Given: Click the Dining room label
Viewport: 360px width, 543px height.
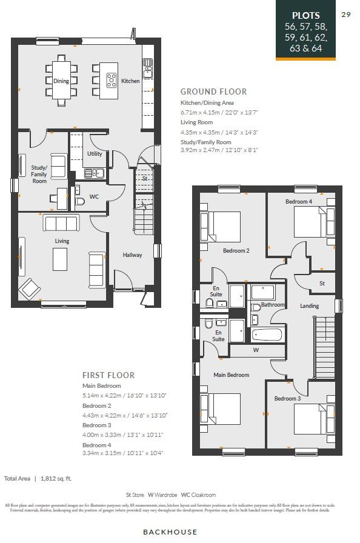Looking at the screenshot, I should pyautogui.click(x=61, y=81).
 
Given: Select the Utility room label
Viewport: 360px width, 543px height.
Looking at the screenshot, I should pyautogui.click(x=95, y=154).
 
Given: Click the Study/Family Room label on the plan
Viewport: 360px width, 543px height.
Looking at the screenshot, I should pyautogui.click(x=39, y=175).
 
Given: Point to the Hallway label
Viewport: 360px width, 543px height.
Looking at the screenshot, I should pyautogui.click(x=132, y=255).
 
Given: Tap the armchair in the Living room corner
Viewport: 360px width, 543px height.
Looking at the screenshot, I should pyautogui.click(x=29, y=288).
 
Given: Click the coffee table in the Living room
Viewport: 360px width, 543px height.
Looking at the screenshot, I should pyautogui.click(x=60, y=259).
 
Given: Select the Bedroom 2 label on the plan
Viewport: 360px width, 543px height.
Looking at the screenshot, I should pyautogui.click(x=236, y=250).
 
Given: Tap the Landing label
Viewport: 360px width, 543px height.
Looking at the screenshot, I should pyautogui.click(x=309, y=306).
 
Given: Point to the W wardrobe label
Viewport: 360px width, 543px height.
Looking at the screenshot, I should pyautogui.click(x=256, y=350).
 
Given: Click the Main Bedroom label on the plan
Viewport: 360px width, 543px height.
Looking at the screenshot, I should pyautogui.click(x=231, y=375).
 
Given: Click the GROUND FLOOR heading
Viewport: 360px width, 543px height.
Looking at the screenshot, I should pyautogui.click(x=213, y=92).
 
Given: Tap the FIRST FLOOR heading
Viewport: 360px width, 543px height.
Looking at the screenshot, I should pyautogui.click(x=108, y=375).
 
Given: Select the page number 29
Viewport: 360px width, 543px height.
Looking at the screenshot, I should pyautogui.click(x=346, y=15).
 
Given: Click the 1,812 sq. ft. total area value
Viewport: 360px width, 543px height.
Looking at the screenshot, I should pyautogui.click(x=56, y=478).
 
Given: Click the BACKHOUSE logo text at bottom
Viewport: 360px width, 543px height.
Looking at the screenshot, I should pyautogui.click(x=170, y=531).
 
